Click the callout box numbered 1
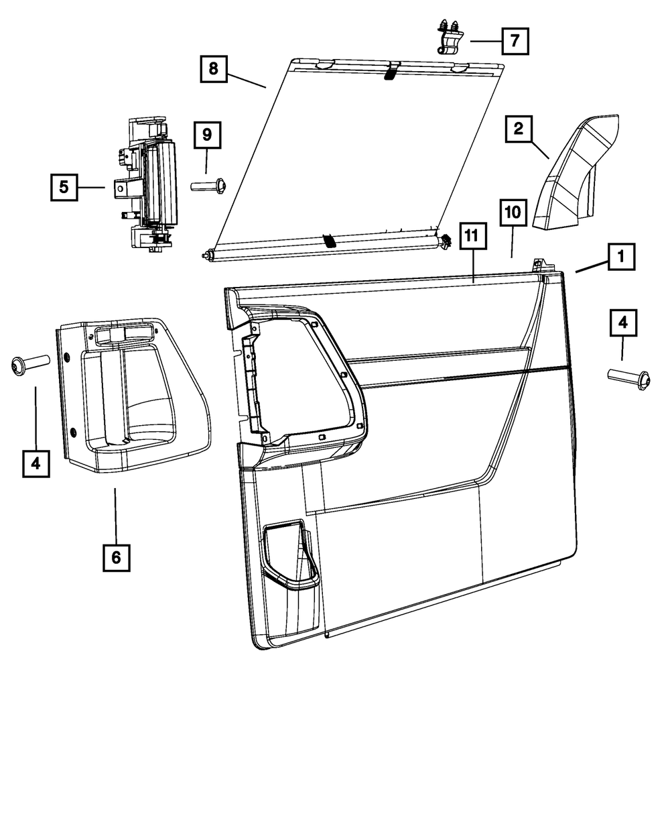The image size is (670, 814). point(621,255)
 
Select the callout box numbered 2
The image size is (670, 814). point(518,128)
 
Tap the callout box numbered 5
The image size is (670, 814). point(64,187)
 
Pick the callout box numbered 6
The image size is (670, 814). point(116,557)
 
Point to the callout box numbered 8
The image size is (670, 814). point(213,68)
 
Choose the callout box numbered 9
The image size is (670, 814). point(207,135)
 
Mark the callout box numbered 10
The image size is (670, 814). point(513,213)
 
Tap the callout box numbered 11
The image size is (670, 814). point(472,235)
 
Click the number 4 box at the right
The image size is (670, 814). point(622,323)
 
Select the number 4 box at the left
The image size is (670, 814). point(36,463)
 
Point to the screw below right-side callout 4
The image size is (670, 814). point(628,377)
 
